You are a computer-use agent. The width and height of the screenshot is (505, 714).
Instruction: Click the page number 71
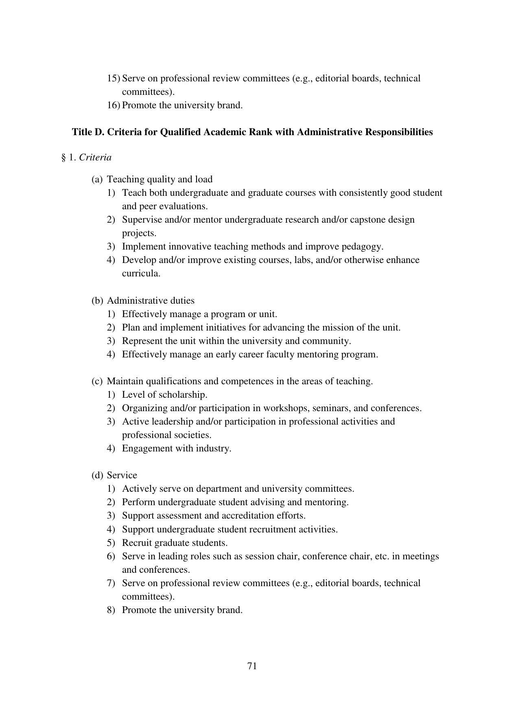pos(252,666)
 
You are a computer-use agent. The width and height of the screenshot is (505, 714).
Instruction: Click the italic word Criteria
pos(95,158)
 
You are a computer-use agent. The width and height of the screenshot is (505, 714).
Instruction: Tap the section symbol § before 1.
pos(63,158)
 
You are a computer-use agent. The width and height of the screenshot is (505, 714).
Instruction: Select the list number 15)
pos(114,78)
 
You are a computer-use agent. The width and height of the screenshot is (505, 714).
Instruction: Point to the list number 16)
pos(114,105)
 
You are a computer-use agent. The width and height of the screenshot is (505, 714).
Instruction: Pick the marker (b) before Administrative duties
pos(97,300)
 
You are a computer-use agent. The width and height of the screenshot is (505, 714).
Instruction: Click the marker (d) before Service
pos(97,475)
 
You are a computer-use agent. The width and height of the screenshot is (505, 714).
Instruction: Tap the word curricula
pos(141,274)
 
